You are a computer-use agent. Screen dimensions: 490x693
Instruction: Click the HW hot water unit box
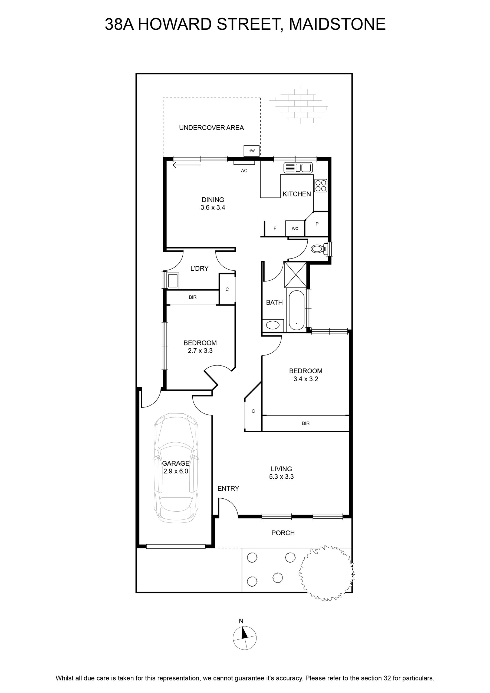point(251,151)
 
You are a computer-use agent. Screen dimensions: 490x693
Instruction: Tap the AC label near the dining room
point(244,171)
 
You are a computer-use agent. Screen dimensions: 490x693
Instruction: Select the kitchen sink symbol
point(298,168)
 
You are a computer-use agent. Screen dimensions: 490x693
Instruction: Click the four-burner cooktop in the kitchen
point(320,186)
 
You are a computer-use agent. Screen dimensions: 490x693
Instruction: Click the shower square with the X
point(296,275)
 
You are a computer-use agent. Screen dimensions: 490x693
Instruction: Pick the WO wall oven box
point(295,228)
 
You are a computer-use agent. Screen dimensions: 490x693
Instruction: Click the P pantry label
point(317,224)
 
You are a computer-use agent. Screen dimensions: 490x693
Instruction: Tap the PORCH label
point(283,533)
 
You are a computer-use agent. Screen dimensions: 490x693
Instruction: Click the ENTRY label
point(228,488)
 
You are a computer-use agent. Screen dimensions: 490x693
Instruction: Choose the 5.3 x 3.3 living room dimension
point(281,477)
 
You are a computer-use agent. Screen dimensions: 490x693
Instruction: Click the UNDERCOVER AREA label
point(211,128)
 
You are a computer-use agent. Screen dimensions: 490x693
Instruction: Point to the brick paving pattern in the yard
point(298,104)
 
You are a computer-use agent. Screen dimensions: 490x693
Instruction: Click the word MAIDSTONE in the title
point(337,24)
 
